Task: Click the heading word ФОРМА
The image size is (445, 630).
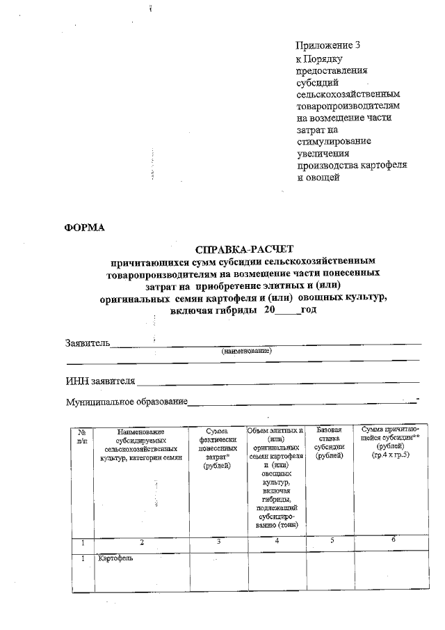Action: coord(84,227)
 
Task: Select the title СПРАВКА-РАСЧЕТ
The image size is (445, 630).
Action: coord(245,248)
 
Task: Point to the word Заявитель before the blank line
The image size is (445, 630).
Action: coord(88,342)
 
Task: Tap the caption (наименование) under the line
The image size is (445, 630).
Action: coord(246,351)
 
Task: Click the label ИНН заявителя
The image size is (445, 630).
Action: coord(100,381)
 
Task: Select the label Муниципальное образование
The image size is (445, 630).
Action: coord(126,402)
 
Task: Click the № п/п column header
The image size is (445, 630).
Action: coord(83,437)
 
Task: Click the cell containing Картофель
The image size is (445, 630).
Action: coord(115,558)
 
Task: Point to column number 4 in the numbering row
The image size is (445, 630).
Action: coord(276,540)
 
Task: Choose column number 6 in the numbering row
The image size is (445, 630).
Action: coord(394,540)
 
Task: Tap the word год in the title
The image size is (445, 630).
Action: coord(309,309)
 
